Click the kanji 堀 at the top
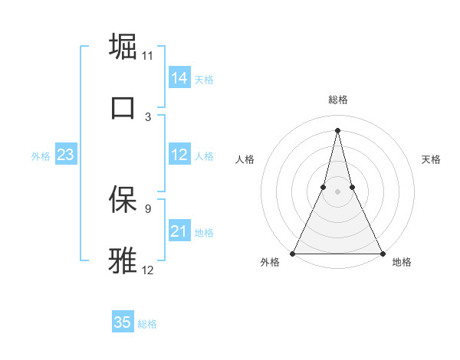coord(123,45)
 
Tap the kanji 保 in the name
coord(123,198)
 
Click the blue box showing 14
coord(179,78)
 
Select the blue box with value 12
coord(179,155)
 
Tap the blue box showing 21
coord(179,231)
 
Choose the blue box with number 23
coord(65,155)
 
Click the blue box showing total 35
coord(122,322)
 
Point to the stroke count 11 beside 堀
coord(148,56)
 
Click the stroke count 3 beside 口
coord(148,117)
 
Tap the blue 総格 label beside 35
coord(147,324)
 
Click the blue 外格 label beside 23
coord(41,156)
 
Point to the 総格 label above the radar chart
coord(337,100)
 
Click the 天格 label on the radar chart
coord(431,159)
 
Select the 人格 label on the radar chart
coord(245,159)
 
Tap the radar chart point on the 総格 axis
coord(337,129)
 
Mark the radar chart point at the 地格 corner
coord(382,253)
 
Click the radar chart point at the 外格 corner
coord(293,253)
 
